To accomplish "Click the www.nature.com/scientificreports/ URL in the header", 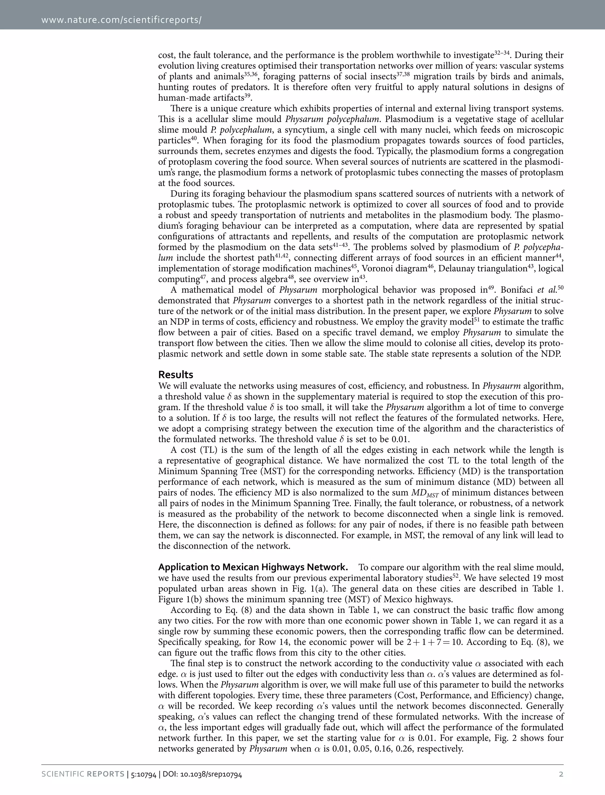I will (x=121, y=19).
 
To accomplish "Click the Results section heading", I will (x=175, y=374).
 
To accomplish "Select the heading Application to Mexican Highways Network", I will (x=253, y=567).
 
